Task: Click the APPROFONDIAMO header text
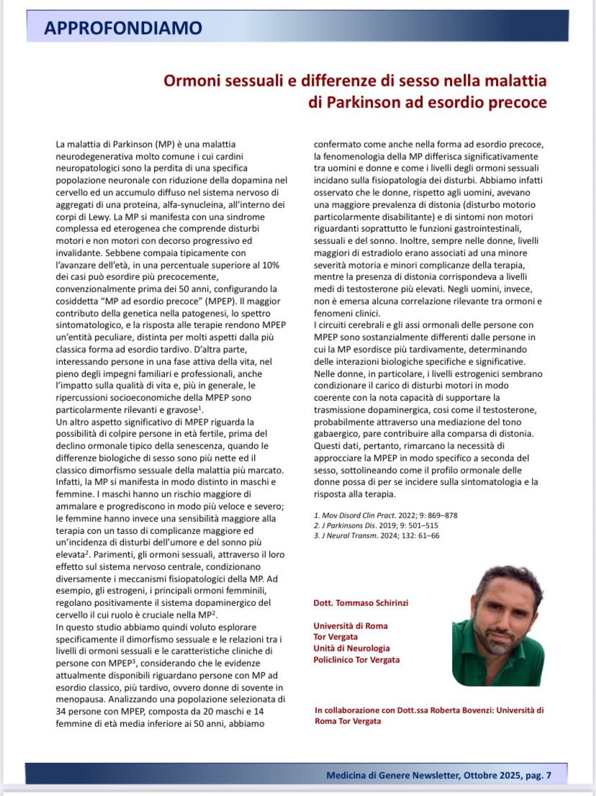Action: point(123,29)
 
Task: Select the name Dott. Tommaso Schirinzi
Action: point(361,602)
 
